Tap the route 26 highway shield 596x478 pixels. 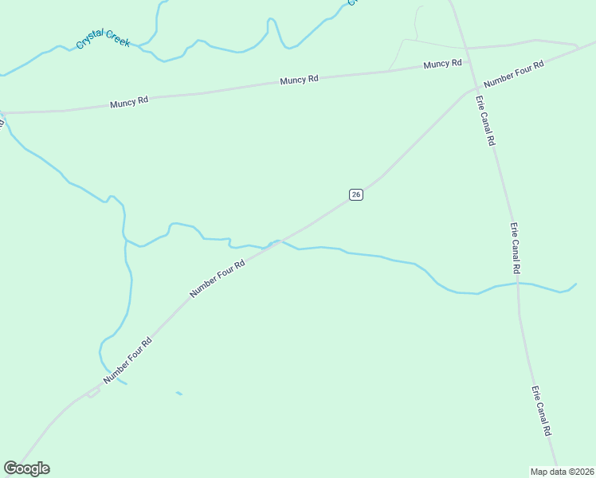point(356,194)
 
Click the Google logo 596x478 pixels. point(26,468)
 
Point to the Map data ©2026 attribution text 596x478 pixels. point(561,471)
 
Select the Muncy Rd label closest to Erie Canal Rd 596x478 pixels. point(443,64)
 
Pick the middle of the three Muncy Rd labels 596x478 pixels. point(299,80)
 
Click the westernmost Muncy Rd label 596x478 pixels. point(129,103)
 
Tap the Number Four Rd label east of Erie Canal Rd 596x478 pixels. point(514,73)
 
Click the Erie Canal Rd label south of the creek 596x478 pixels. point(542,411)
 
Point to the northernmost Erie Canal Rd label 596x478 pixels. point(485,120)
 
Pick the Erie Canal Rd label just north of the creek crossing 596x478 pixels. point(515,249)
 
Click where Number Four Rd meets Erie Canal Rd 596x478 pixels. point(476,88)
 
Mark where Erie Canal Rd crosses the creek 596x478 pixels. point(518,284)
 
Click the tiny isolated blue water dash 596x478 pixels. point(179,393)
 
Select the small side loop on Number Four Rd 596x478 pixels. point(93,394)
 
